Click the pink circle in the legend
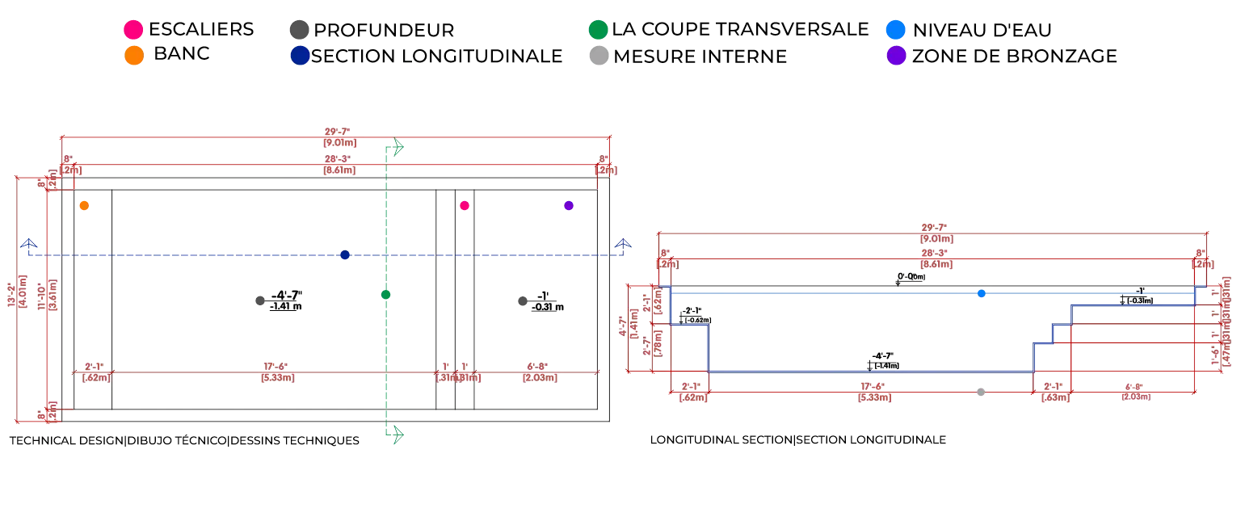pyautogui.click(x=133, y=30)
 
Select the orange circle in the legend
pyautogui.click(x=135, y=56)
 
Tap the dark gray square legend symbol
pyautogui.click(x=297, y=30)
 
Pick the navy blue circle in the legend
pyautogui.click(x=300, y=56)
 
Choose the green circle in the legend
pyautogui.click(x=599, y=31)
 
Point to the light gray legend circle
pyautogui.click(x=599, y=56)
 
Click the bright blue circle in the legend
pyautogui.click(x=896, y=30)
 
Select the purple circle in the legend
pyautogui.click(x=897, y=56)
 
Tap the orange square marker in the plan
pyautogui.click(x=84, y=206)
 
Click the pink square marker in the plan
pyautogui.click(x=465, y=206)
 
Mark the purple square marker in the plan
pyautogui.click(x=569, y=206)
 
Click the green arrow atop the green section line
pyautogui.click(x=394, y=148)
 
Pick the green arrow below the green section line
pyautogui.click(x=394, y=435)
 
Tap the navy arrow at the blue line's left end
pyautogui.click(x=29, y=245)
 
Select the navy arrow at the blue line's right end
pyautogui.click(x=623, y=245)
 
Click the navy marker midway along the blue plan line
pyautogui.click(x=343, y=255)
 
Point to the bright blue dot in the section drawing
pyautogui.click(x=980, y=294)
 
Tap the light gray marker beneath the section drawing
pyautogui.click(x=982, y=394)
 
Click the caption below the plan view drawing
pyautogui.click(x=183, y=440)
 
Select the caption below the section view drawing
pyautogui.click(x=797, y=440)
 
